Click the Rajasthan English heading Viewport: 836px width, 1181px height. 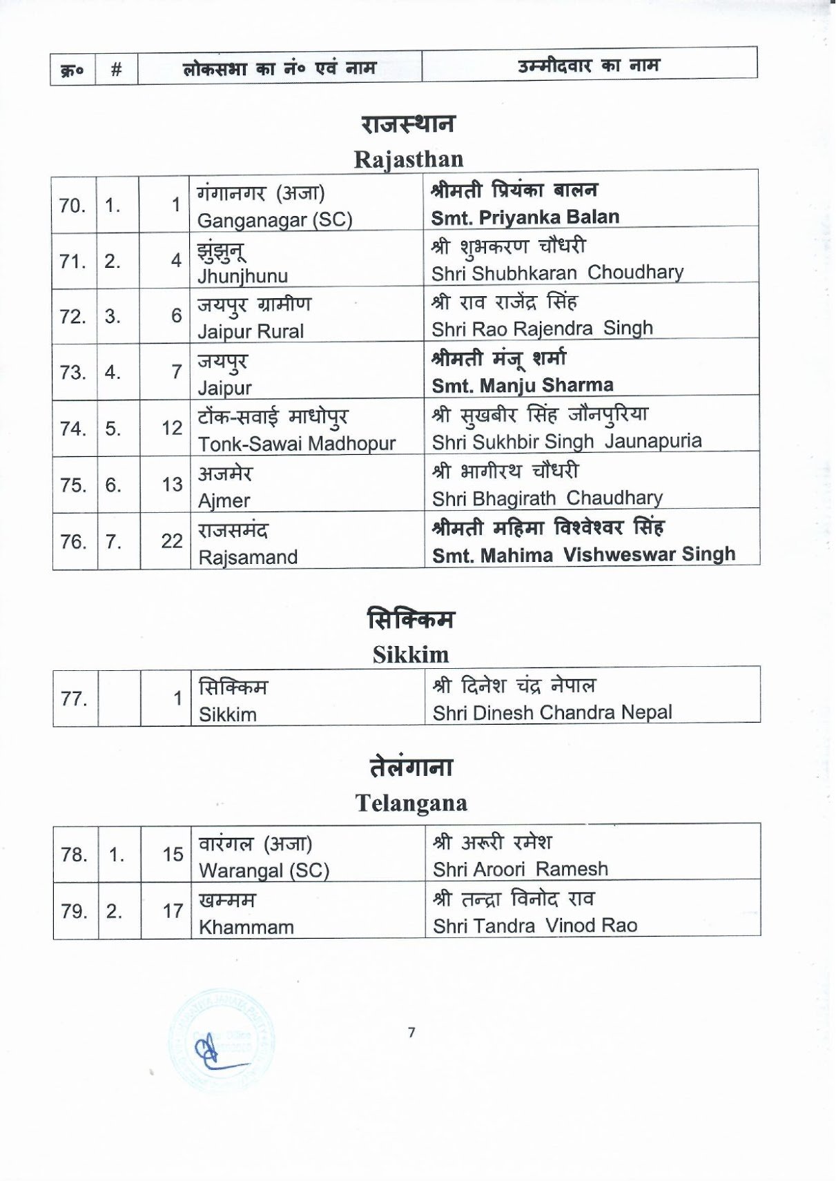[409, 159]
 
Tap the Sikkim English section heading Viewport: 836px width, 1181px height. [411, 654]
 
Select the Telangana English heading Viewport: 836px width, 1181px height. [411, 803]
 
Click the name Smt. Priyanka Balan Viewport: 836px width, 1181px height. [525, 217]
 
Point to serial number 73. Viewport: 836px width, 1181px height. [72, 373]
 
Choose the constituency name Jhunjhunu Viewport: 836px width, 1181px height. [243, 276]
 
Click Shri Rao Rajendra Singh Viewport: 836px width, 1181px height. [542, 329]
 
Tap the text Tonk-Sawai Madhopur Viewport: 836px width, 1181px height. [297, 444]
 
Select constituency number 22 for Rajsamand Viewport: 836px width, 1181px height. [172, 541]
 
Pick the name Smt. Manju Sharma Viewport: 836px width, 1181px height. [523, 385]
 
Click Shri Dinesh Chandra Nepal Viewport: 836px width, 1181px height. [552, 712]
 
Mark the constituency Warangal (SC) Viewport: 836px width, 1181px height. [264, 870]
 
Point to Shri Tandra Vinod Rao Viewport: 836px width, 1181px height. [535, 926]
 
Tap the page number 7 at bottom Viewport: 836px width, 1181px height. [411, 1033]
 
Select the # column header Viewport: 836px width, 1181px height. [117, 69]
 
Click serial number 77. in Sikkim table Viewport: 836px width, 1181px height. [74, 699]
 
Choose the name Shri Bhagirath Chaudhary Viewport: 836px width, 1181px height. [547, 498]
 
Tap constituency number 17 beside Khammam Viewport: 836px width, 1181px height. [173, 911]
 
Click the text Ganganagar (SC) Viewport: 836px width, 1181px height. [275, 220]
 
